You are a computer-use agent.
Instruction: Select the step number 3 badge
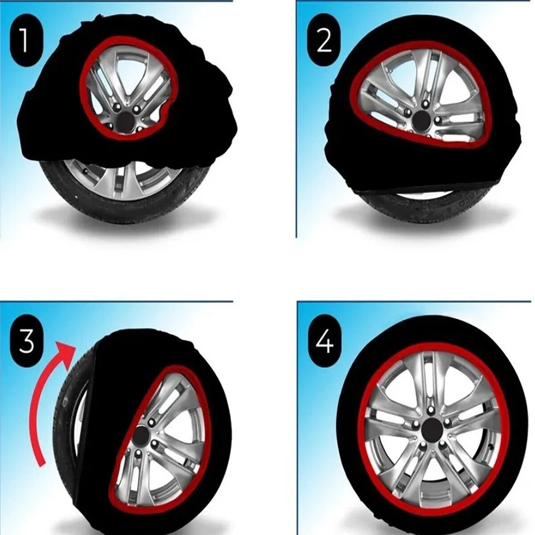coord(26,342)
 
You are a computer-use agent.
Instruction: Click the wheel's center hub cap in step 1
coord(125,122)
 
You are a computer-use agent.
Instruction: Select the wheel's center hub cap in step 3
coord(140,435)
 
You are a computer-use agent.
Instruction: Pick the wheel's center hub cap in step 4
coord(432,430)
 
